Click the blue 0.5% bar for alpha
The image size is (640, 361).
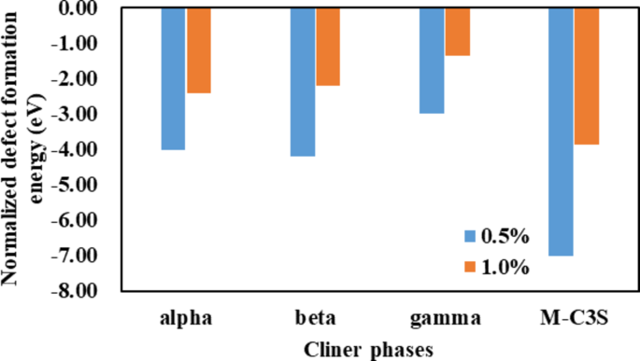173,78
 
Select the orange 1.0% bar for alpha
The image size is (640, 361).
199,50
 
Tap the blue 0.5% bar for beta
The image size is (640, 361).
303,81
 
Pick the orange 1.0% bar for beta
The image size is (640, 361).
329,47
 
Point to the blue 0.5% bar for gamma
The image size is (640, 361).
432,61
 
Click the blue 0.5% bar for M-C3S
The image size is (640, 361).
561,132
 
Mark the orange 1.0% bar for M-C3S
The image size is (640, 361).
586,76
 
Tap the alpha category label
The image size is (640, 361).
185,318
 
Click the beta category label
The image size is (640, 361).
315,318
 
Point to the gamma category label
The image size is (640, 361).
445,318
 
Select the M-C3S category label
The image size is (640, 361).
573,318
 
